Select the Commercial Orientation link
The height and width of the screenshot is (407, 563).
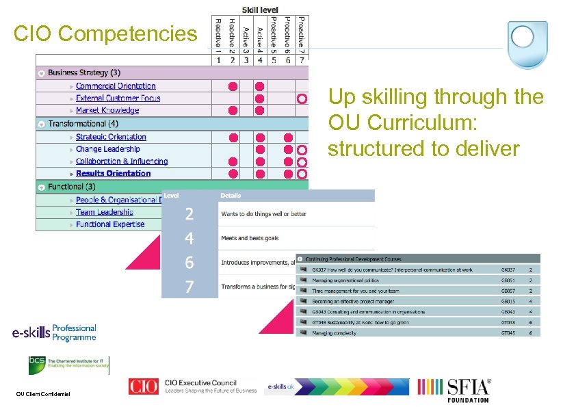point(116,86)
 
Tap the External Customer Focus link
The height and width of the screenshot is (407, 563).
point(118,99)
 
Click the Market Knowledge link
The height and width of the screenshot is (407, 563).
point(107,110)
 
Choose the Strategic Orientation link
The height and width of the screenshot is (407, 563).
point(111,137)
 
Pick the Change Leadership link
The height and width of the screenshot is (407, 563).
point(108,149)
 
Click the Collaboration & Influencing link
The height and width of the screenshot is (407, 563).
point(122,161)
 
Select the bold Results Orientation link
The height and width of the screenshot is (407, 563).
point(113,174)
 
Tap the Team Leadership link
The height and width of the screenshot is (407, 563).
point(105,212)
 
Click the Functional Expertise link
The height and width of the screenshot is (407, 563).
point(110,224)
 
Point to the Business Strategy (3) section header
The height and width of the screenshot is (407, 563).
point(84,73)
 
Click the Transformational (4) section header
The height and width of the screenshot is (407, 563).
point(83,124)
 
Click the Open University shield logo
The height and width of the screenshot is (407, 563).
point(527,45)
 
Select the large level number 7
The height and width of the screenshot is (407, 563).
point(189,287)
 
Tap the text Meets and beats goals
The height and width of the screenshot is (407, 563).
point(250,238)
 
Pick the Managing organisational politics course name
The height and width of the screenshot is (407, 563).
point(345,280)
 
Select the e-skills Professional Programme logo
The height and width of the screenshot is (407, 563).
point(54,333)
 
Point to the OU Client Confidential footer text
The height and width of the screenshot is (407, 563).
point(43,393)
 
